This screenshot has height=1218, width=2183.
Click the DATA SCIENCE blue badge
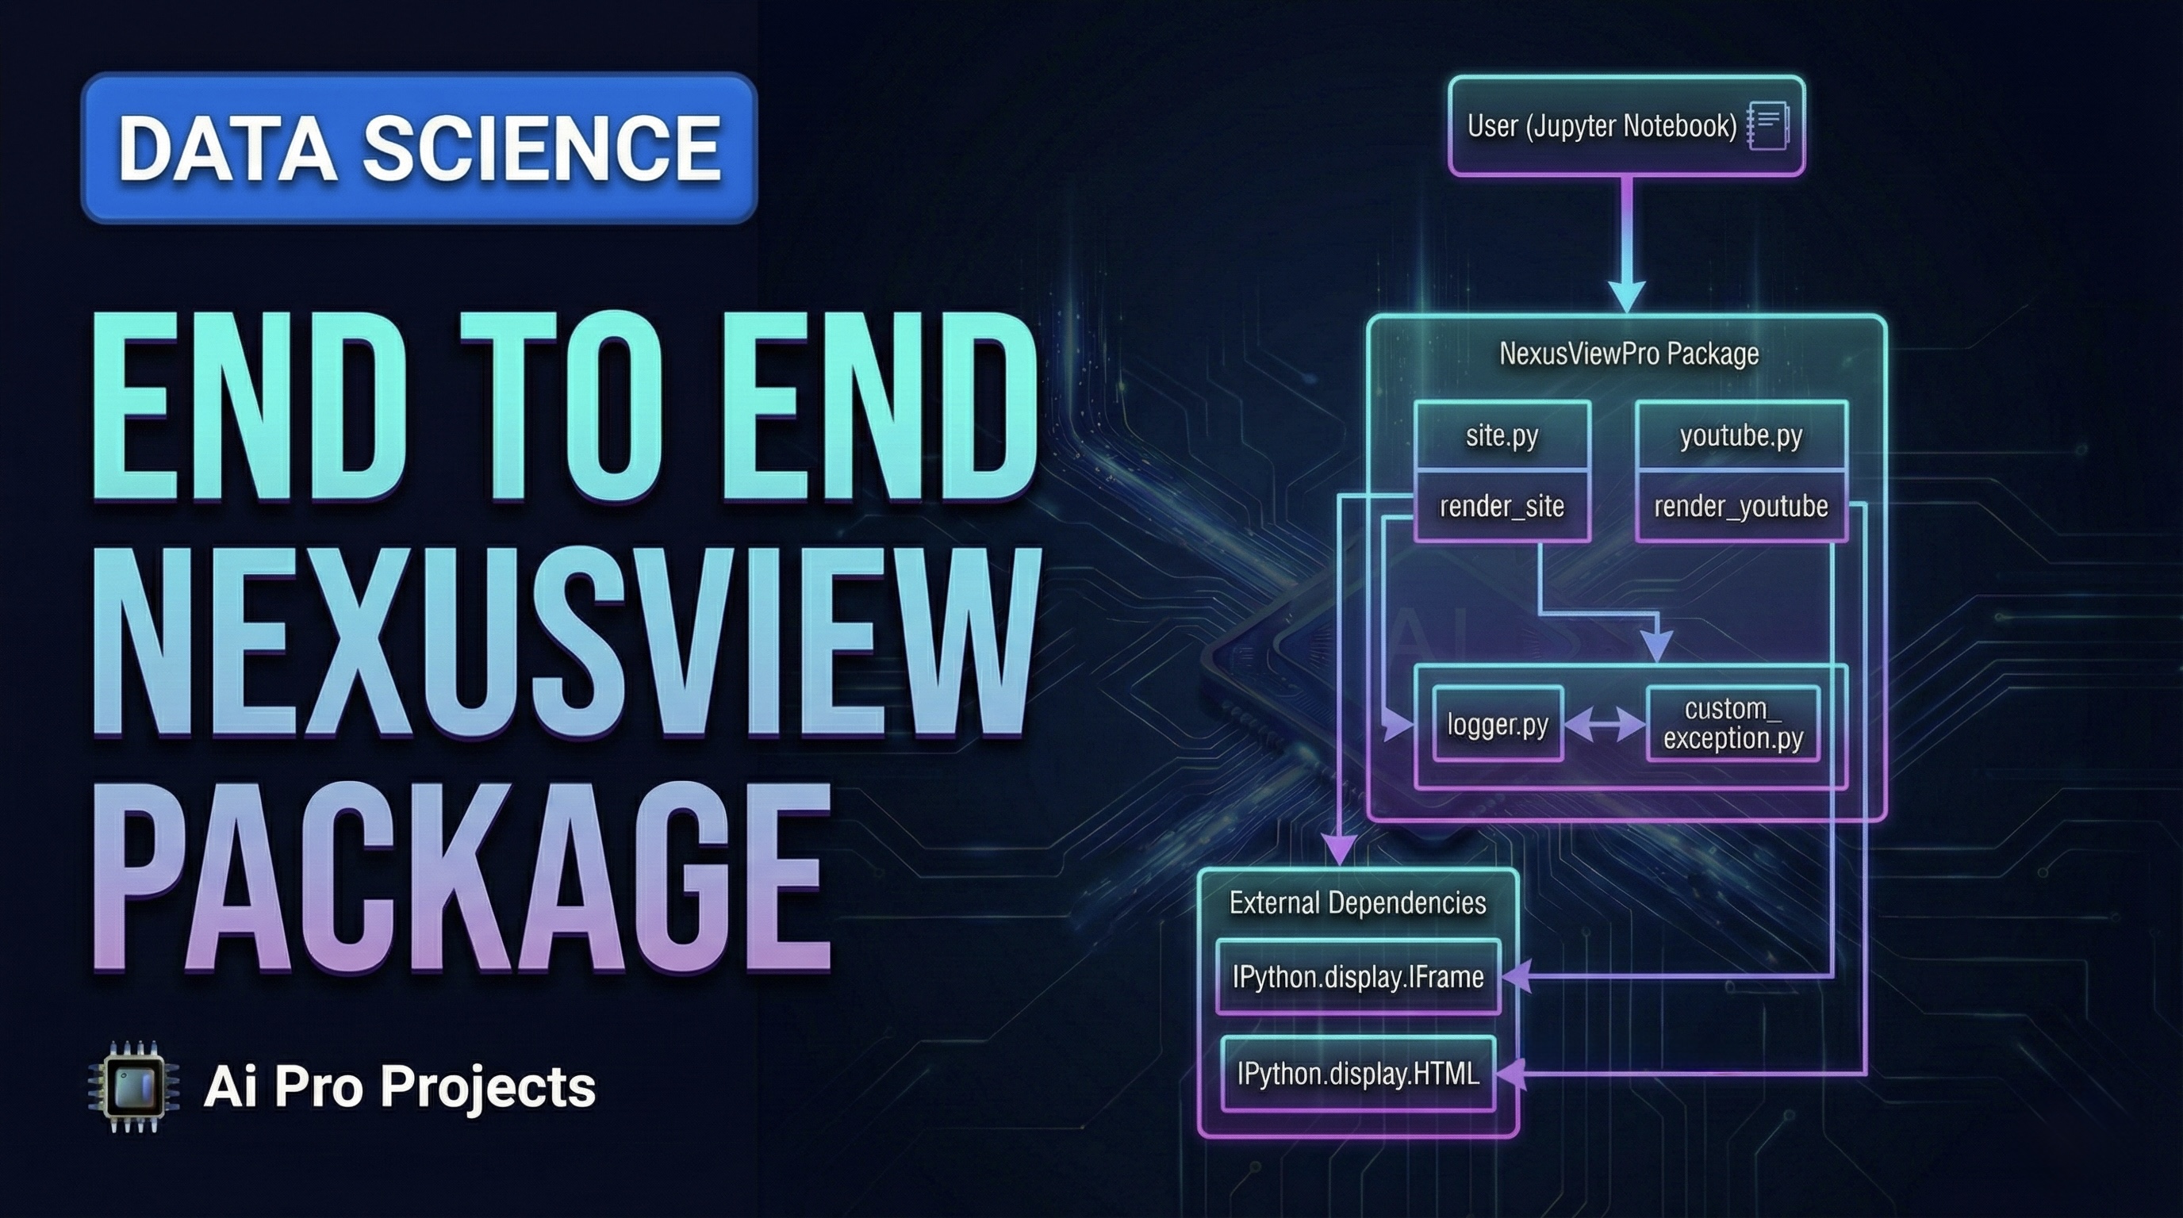(419, 148)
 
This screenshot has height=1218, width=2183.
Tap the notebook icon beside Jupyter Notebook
(1769, 127)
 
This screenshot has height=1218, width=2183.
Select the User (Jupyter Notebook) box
(1602, 127)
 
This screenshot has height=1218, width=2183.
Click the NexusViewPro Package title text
(1628, 354)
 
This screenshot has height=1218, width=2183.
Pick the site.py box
(1502, 435)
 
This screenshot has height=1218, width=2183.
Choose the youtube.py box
(1740, 435)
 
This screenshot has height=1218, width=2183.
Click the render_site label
(1502, 507)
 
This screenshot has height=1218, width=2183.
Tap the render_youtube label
(1740, 507)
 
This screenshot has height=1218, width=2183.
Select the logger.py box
(1498, 725)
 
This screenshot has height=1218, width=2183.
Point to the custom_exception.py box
(1732, 724)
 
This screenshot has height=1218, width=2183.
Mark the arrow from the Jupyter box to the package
(1626, 246)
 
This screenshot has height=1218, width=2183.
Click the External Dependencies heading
(1357, 903)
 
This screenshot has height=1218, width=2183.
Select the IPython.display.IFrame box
(1357, 978)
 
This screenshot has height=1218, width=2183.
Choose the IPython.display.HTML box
(1357, 1074)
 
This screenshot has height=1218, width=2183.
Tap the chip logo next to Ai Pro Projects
(134, 1086)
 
